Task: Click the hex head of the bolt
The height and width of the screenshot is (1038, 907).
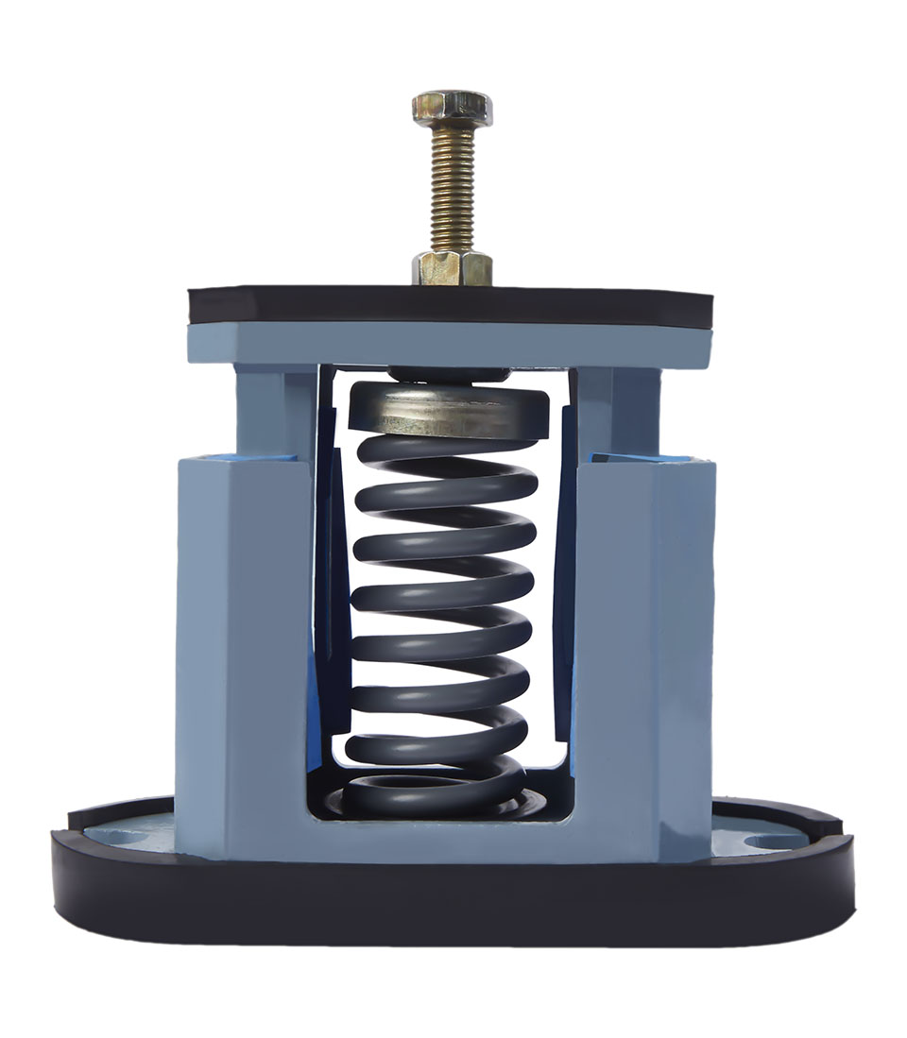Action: (452, 109)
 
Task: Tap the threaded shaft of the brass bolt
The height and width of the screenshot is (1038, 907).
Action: (452, 189)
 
